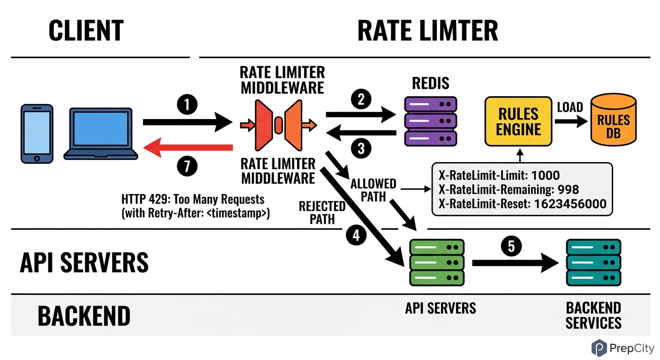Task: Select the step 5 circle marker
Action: (511, 247)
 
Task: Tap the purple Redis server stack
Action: (430, 120)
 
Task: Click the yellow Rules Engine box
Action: (518, 122)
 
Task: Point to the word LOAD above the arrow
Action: (570, 107)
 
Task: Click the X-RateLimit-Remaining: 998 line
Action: (509, 189)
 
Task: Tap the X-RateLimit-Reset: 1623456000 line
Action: (522, 204)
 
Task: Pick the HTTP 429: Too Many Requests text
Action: (193, 199)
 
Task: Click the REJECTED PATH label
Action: (322, 213)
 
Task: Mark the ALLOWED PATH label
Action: (373, 190)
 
